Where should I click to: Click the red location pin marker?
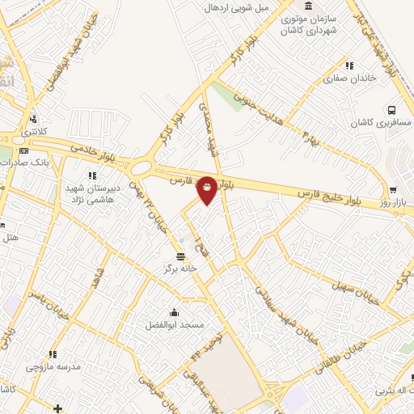pyautogui.click(x=207, y=190)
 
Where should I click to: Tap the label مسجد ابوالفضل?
pyautogui.click(x=173, y=325)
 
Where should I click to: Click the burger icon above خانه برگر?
pyautogui.click(x=180, y=256)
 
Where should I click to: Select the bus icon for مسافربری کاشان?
pyautogui.click(x=392, y=110)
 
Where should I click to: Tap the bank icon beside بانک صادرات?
pyautogui.click(x=23, y=150)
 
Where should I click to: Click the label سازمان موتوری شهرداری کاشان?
pyautogui.click(x=307, y=25)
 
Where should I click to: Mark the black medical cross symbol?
pyautogui.click(x=57, y=408)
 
